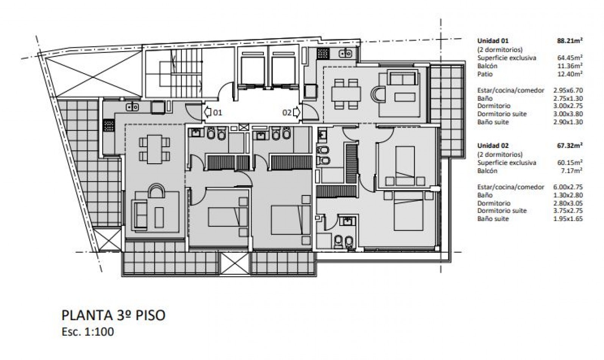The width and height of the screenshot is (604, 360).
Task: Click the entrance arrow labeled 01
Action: (x=207, y=112)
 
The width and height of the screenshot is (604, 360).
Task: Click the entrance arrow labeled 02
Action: (x=297, y=112)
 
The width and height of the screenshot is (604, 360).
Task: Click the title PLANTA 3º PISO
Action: (x=113, y=315)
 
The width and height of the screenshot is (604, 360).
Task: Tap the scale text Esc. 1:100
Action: (x=87, y=332)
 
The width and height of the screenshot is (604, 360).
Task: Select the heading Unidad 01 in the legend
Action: (x=493, y=41)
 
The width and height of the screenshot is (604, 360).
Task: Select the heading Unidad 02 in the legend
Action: (x=493, y=146)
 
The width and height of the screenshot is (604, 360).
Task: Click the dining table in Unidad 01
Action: (x=154, y=149)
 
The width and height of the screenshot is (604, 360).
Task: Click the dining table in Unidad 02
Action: (x=346, y=93)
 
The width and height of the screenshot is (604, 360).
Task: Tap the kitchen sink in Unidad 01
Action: (x=132, y=107)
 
